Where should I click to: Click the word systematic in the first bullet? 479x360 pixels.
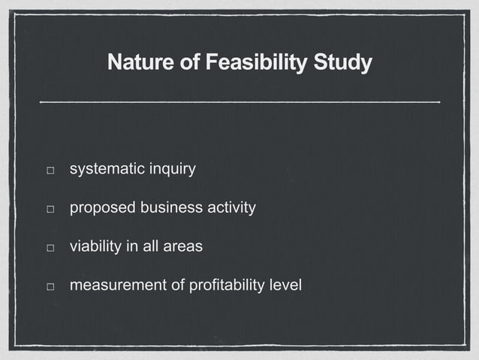click(103, 169)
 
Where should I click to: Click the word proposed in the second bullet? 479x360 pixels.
click(99, 207)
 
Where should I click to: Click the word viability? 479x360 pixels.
click(94, 247)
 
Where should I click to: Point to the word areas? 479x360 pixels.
click(183, 247)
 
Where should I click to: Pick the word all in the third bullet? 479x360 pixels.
click(152, 247)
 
